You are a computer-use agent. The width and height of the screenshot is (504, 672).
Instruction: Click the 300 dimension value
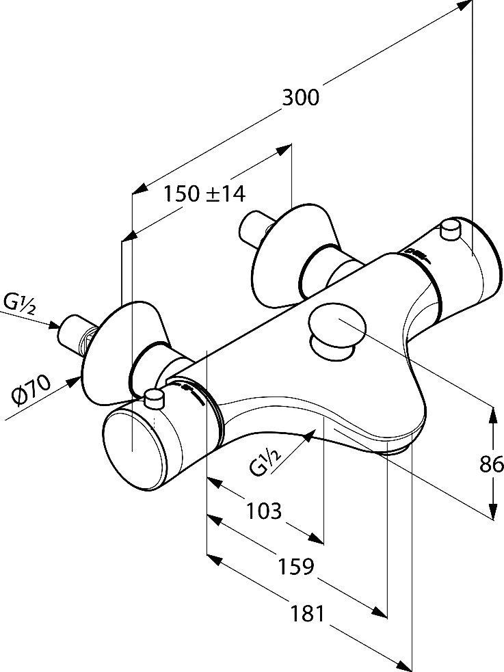[x=300, y=98]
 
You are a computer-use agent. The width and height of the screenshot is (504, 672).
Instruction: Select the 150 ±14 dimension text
[x=204, y=193]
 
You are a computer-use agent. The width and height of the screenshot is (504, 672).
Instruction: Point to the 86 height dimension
[x=491, y=464]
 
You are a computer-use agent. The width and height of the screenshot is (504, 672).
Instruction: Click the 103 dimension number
[x=264, y=511]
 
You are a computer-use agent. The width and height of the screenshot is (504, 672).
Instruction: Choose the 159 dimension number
[x=296, y=567]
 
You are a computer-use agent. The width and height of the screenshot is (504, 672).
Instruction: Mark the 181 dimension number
[x=308, y=614]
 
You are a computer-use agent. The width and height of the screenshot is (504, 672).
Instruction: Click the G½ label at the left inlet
[x=20, y=303]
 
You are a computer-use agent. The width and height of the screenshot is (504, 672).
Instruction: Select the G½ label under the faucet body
[x=265, y=460]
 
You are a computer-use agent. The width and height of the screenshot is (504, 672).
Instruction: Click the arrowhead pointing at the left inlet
[x=54, y=325]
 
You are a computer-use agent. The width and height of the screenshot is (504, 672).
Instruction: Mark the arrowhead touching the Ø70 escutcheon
[x=73, y=381]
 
